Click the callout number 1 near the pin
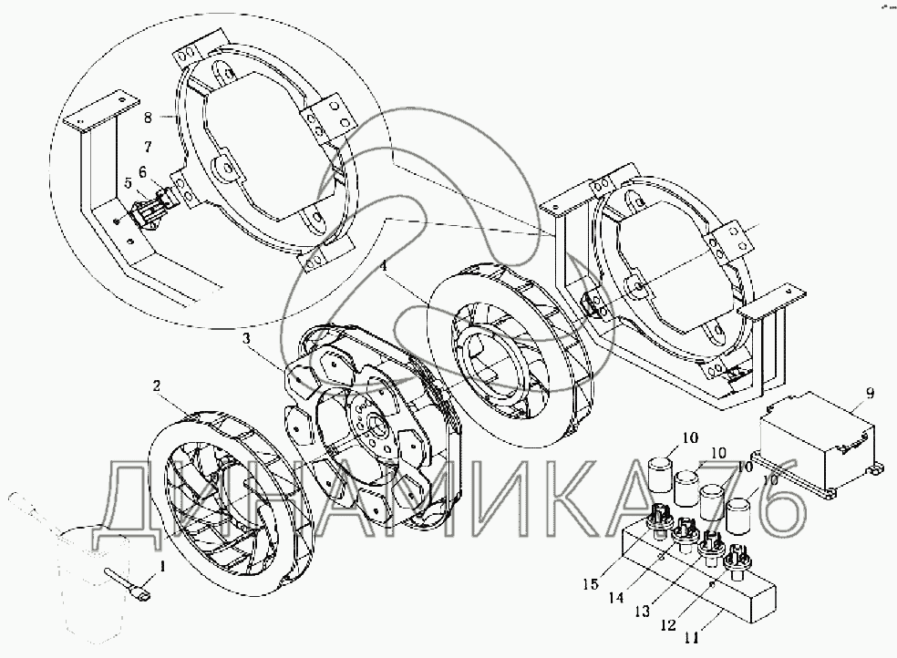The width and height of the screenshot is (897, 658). tap(163, 568)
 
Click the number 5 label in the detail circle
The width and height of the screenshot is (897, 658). tap(129, 181)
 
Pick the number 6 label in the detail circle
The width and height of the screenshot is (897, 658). tap(142, 170)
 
